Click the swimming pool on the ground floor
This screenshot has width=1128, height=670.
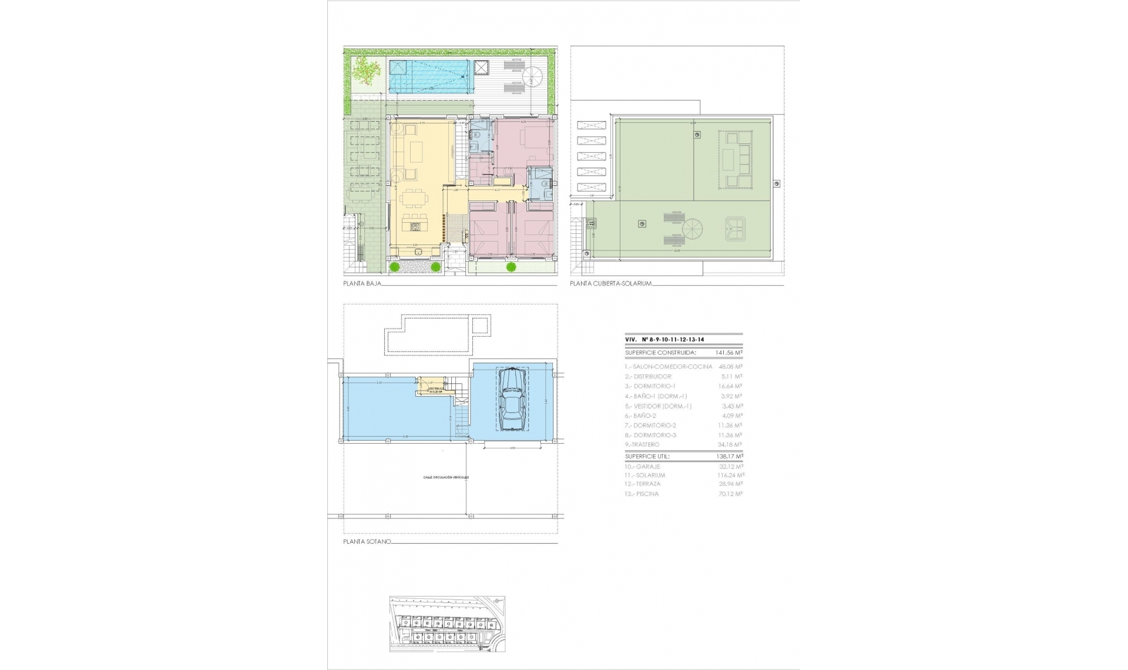coord(431,77)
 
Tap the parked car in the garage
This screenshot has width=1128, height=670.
coord(511,400)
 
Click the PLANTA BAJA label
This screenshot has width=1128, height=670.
coord(362,283)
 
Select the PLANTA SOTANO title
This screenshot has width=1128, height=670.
coord(367,541)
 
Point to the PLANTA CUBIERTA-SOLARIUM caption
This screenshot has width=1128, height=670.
coord(610,283)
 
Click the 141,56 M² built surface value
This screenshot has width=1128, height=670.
coord(728,353)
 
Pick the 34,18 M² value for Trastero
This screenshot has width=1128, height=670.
coord(731,444)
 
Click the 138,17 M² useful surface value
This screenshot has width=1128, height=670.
coord(728,456)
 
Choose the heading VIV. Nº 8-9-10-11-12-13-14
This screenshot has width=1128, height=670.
coord(664,340)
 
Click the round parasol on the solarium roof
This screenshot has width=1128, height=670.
coord(691,229)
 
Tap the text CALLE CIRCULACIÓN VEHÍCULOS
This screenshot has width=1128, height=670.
coord(446,477)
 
